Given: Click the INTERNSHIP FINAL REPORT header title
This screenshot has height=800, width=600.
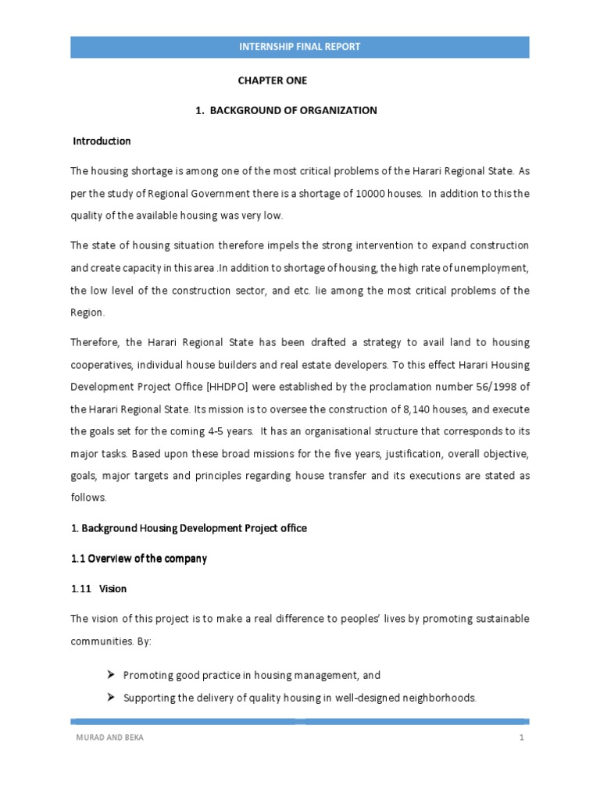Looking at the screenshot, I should tap(300, 47).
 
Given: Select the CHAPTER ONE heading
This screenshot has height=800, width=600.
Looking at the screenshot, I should tap(273, 80).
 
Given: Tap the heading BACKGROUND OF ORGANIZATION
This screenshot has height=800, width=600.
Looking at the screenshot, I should tap(292, 110).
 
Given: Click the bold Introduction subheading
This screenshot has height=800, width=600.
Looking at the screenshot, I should tap(102, 141).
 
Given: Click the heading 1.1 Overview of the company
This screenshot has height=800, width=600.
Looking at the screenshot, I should tap(139, 559).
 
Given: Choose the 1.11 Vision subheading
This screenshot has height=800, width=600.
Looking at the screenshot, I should tap(98, 588).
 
